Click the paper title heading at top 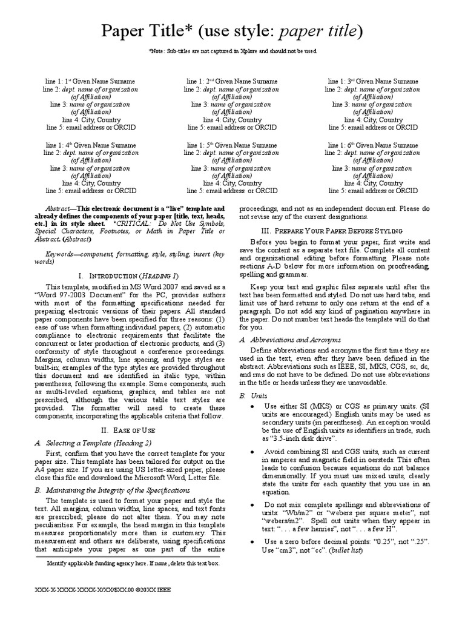pyautogui.click(x=232, y=31)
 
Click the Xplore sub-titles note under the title pyautogui.click(x=232, y=51)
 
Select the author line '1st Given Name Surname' pyautogui.click(x=92, y=81)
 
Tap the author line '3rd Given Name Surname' pyautogui.click(x=373, y=81)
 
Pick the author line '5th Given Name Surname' pyautogui.click(x=232, y=145)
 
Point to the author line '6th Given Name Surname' pyautogui.click(x=373, y=145)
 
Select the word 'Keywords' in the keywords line pyautogui.click(x=63, y=254)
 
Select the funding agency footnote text pyautogui.click(x=133, y=563)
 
